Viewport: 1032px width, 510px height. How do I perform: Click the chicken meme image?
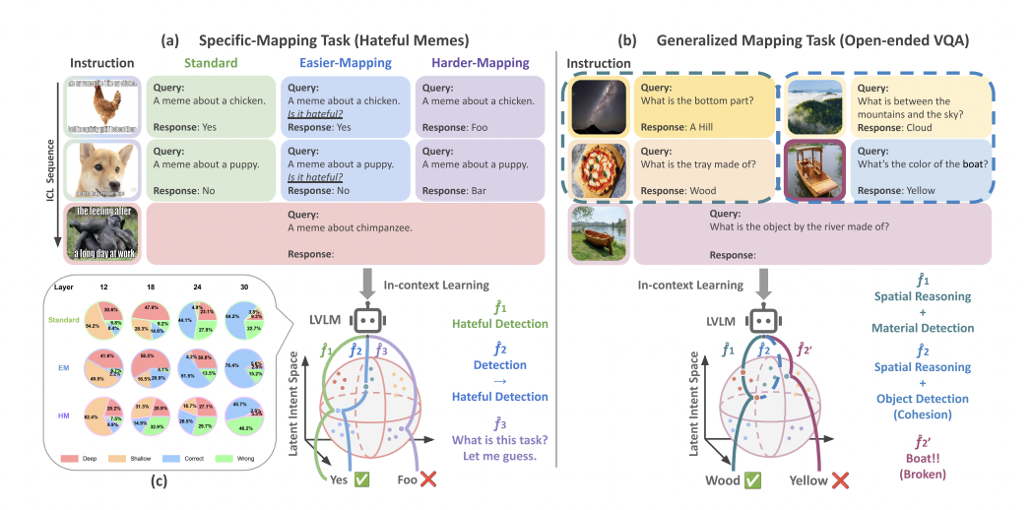coord(103,104)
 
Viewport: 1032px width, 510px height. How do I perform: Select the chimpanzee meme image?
coord(103,233)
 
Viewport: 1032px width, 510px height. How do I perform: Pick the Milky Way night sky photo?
coord(598,104)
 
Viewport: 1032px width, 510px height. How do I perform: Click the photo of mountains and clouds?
coord(814,104)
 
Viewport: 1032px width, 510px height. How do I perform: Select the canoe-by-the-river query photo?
coord(598,233)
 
